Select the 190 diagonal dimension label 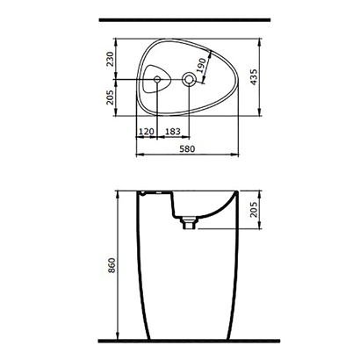[201, 64]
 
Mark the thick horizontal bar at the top [179, 18]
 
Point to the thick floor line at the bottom [179, 338]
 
